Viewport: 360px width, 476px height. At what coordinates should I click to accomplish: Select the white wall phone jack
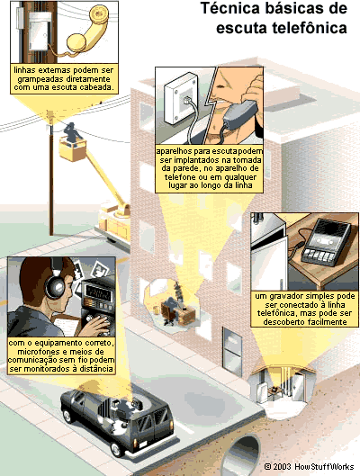[x=181, y=98]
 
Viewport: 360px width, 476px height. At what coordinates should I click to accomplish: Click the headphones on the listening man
[x=57, y=282]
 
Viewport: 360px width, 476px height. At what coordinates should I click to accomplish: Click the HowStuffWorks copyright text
[x=309, y=467]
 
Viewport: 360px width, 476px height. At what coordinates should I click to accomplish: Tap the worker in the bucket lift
[x=72, y=133]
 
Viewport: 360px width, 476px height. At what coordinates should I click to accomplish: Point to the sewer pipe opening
[x=244, y=455]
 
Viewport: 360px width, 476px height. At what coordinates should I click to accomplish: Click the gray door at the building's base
[x=232, y=351]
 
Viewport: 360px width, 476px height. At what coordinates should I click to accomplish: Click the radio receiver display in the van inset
[x=96, y=292]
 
